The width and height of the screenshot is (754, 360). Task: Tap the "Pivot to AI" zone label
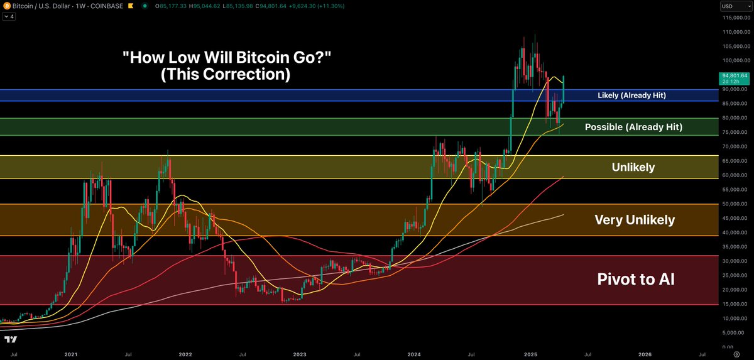point(635,280)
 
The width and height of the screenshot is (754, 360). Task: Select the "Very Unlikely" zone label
point(635,220)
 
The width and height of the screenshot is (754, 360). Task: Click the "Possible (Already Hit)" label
point(633,127)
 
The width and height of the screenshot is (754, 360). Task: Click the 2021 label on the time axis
point(70,354)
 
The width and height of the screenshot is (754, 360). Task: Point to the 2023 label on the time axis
point(300,354)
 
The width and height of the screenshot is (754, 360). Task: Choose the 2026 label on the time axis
point(644,354)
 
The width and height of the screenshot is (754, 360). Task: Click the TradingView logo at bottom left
point(11,340)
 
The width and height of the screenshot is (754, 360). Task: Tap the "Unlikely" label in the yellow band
point(633,167)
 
